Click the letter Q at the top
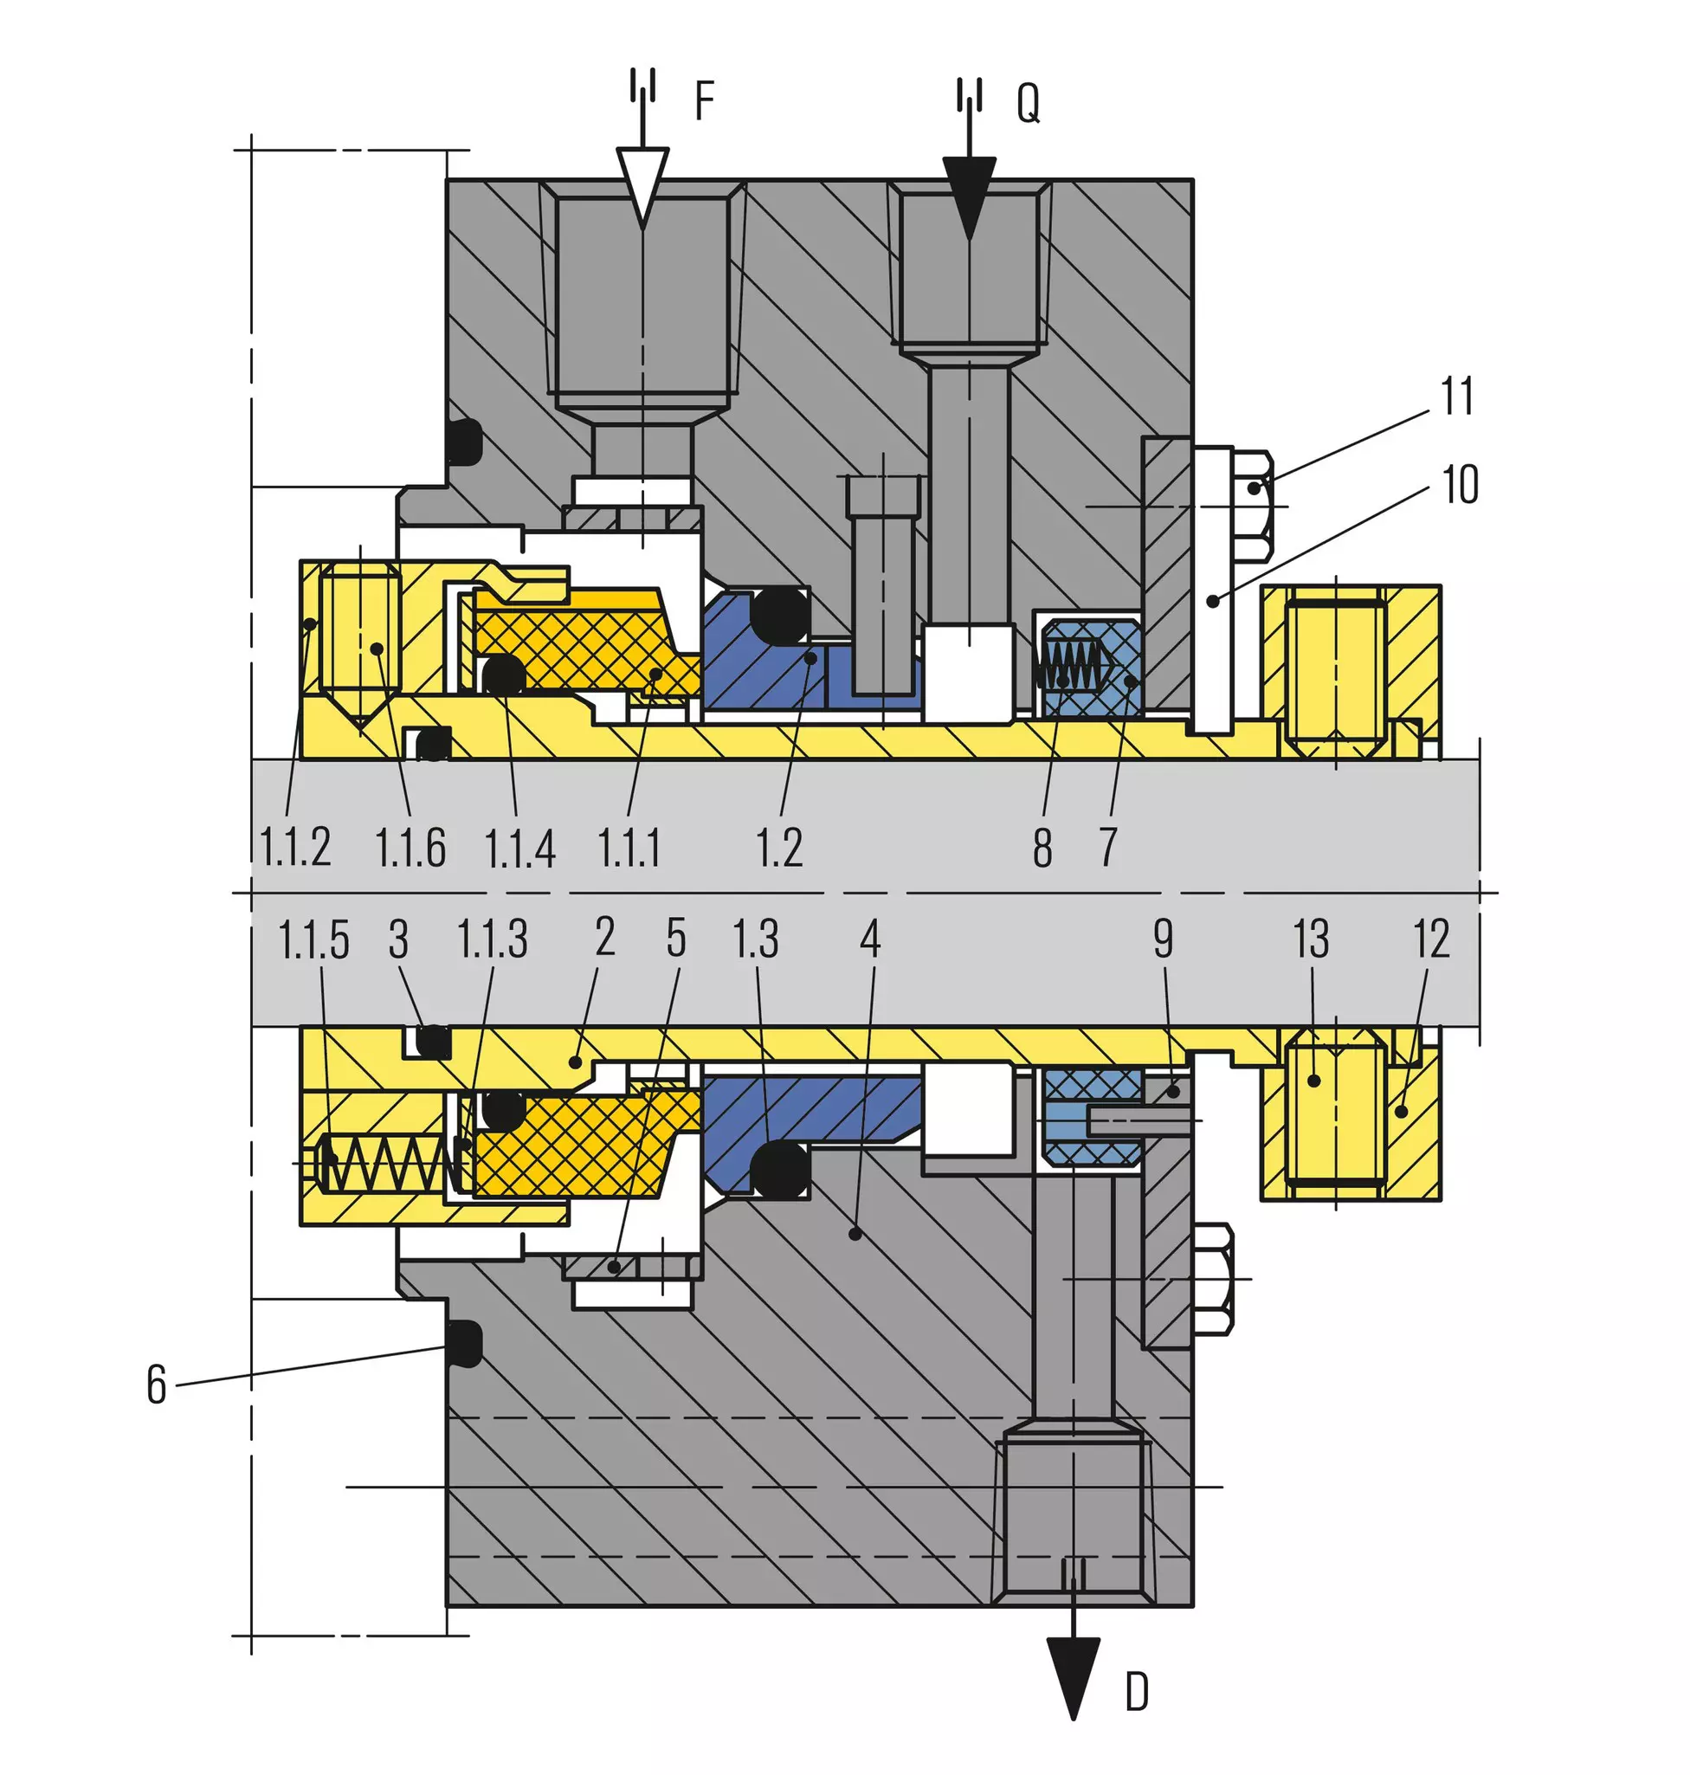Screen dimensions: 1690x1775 coord(1028,103)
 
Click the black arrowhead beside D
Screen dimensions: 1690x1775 coord(1073,1679)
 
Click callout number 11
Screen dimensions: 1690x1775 coord(1457,397)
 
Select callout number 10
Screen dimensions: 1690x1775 coord(1461,485)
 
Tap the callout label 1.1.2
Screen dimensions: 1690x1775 coord(294,847)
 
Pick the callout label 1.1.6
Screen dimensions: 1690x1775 coord(410,848)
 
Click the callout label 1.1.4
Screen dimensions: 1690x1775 coord(519,849)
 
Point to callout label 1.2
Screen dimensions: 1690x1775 coord(778,848)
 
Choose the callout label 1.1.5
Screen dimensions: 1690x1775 coord(313,939)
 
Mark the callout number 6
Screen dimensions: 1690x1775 coord(157,1384)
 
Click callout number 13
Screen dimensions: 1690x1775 coord(1311,939)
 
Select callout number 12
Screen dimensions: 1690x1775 coord(1431,939)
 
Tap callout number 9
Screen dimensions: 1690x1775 coord(1163,939)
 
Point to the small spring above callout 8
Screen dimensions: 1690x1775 coord(1069,664)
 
